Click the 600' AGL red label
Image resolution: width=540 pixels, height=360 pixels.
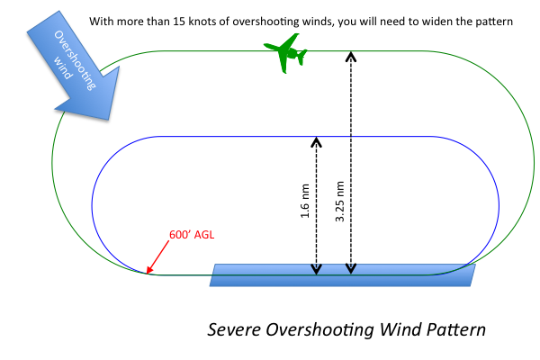click(x=191, y=236)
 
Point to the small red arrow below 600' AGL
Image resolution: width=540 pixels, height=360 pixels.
click(x=157, y=259)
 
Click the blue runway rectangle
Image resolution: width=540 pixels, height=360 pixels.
click(x=342, y=275)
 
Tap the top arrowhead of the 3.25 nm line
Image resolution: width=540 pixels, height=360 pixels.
click(x=350, y=55)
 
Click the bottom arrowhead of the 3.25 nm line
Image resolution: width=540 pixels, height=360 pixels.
click(x=350, y=268)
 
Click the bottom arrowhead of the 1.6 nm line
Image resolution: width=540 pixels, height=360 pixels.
click(x=315, y=268)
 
